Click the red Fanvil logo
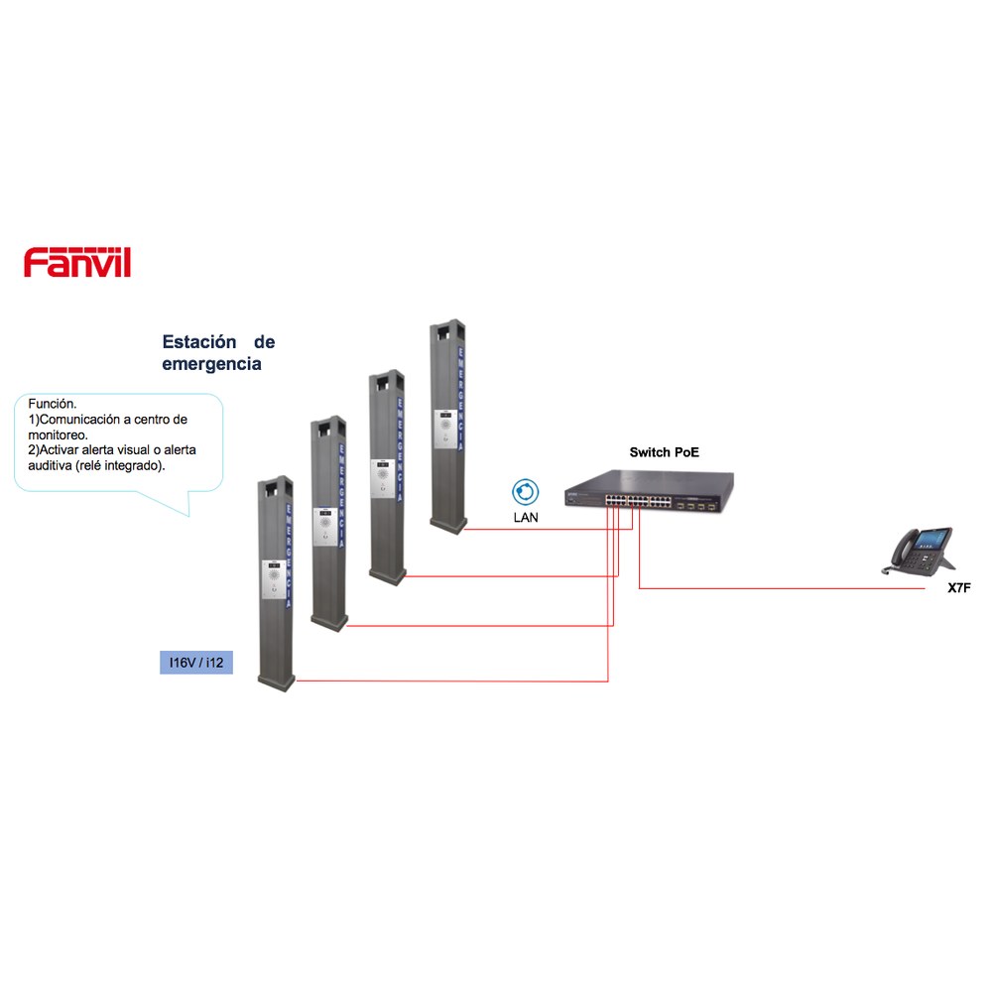(77, 262)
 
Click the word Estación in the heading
(199, 342)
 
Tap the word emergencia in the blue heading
(211, 364)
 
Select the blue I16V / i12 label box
(196, 663)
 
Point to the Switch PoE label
(665, 452)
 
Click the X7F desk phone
(918, 551)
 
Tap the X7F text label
(959, 587)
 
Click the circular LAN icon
(525, 492)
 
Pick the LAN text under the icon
(526, 518)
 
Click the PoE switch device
(650, 491)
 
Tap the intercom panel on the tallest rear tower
(445, 430)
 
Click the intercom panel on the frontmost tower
(274, 579)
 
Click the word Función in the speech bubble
(53, 404)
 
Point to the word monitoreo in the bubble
(58, 434)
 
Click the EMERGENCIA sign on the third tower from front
(400, 449)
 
